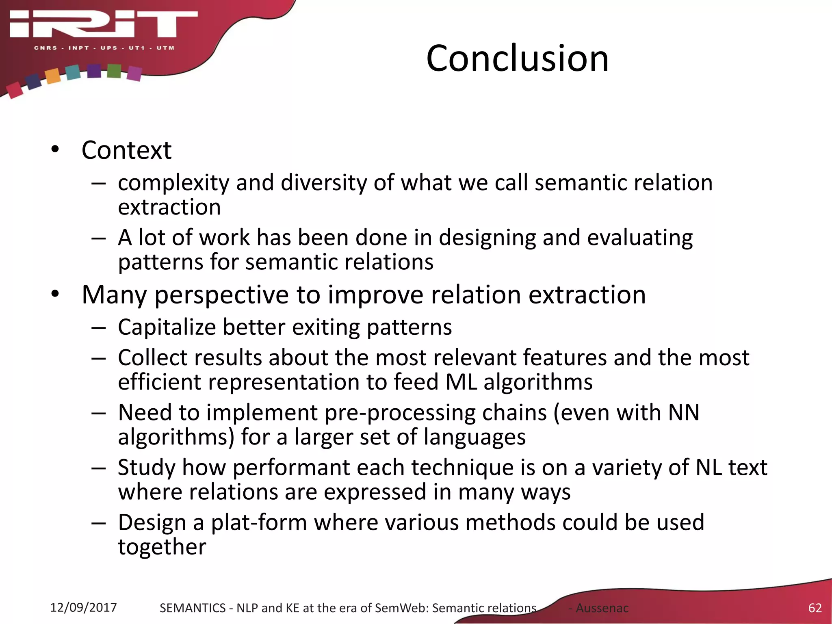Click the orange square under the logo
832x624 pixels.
click(x=53, y=76)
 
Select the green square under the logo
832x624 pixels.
click(x=114, y=71)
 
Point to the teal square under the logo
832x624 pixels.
click(x=73, y=72)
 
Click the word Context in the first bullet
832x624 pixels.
click(x=126, y=150)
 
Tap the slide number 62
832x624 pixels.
click(x=815, y=608)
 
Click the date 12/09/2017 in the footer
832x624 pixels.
click(x=83, y=607)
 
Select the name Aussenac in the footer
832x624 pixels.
click(x=602, y=608)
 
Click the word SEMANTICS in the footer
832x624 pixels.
click(x=192, y=608)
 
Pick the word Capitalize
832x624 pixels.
click(x=167, y=327)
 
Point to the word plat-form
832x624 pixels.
click(x=259, y=522)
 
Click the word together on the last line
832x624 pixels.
click(x=162, y=547)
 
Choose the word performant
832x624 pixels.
click(x=291, y=468)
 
